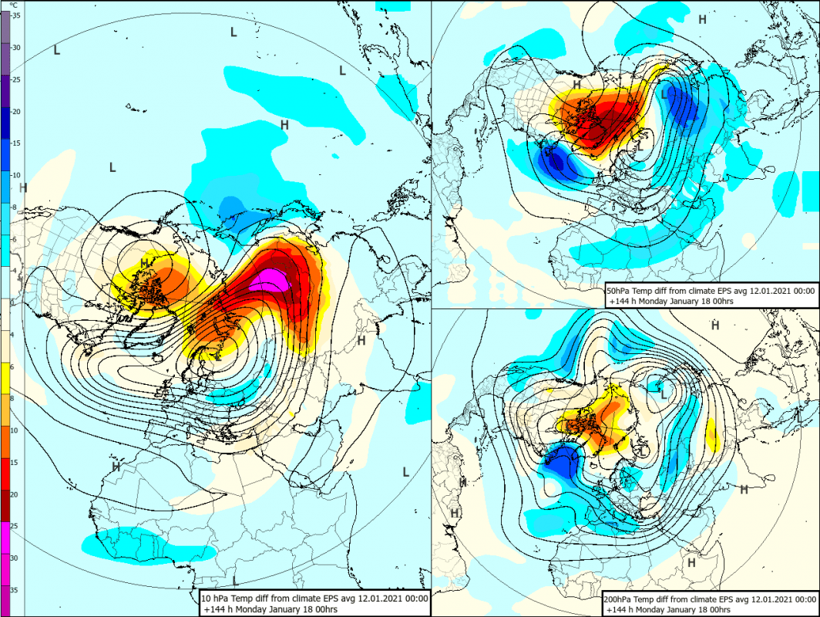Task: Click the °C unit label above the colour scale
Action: (x=13, y=5)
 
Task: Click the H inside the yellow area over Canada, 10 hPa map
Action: (x=145, y=264)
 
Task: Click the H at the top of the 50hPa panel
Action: (x=702, y=19)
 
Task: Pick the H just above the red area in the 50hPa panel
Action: (x=576, y=84)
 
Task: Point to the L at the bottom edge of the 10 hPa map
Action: (x=234, y=579)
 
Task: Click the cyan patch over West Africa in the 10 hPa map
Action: (x=146, y=545)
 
